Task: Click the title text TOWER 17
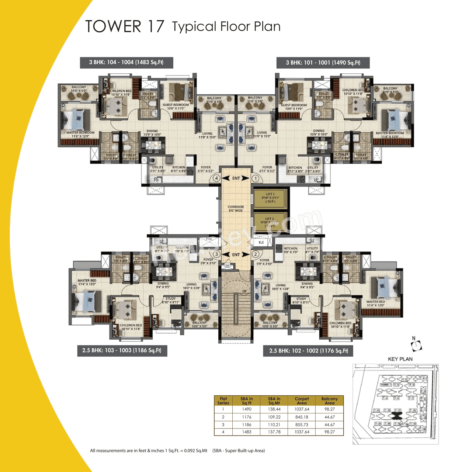pyautogui.click(x=125, y=27)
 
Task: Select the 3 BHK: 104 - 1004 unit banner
pyautogui.click(x=126, y=62)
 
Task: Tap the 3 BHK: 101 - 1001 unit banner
pyautogui.click(x=323, y=63)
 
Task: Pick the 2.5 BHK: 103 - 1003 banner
pyautogui.click(x=122, y=350)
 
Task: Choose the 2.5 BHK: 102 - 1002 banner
pyautogui.click(x=308, y=351)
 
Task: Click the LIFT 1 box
pyautogui.click(x=270, y=198)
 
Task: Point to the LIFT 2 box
pyautogui.click(x=270, y=222)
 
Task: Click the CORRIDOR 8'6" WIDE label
pyautogui.click(x=236, y=209)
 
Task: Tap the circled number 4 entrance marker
pyautogui.click(x=216, y=178)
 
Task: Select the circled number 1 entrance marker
pyautogui.click(x=255, y=178)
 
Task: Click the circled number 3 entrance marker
pyautogui.click(x=216, y=254)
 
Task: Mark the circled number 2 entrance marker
pyautogui.click(x=255, y=254)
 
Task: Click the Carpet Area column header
pyautogui.click(x=302, y=401)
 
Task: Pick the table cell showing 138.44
pyautogui.click(x=274, y=409)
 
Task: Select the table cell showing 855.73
pyautogui.click(x=302, y=424)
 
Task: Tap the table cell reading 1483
pyautogui.click(x=247, y=432)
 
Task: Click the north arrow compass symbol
pyautogui.click(x=416, y=344)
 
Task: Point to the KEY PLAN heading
pyautogui.click(x=400, y=359)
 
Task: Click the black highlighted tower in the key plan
pyautogui.click(x=397, y=416)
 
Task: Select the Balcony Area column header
pyautogui.click(x=329, y=401)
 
